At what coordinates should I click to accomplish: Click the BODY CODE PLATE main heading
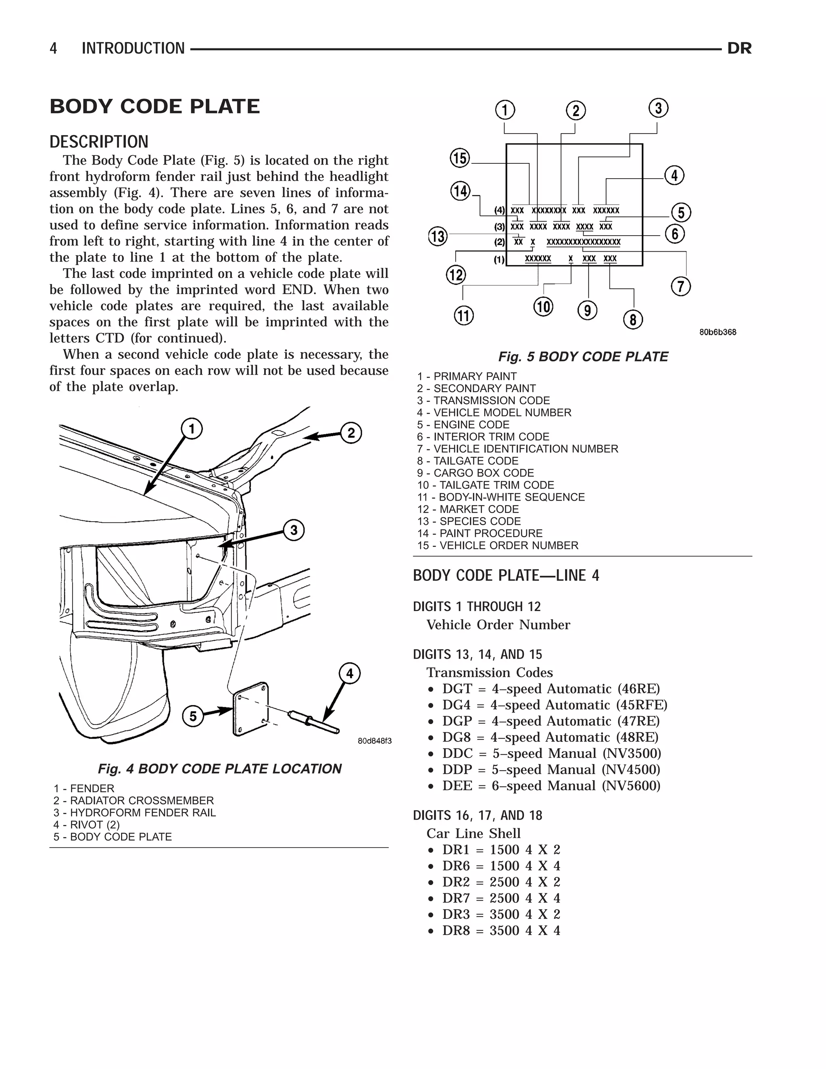pyautogui.click(x=154, y=107)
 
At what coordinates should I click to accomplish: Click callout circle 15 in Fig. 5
pyautogui.click(x=459, y=158)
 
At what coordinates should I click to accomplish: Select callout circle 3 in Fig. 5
pyautogui.click(x=658, y=108)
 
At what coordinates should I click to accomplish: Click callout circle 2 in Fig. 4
pyautogui.click(x=351, y=433)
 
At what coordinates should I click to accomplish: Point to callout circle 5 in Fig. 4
pyautogui.click(x=193, y=716)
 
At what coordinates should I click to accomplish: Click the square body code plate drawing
pyautogui.click(x=251, y=708)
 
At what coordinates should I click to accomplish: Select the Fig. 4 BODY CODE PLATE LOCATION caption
pyautogui.click(x=219, y=768)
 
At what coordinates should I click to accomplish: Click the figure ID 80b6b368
pyautogui.click(x=718, y=332)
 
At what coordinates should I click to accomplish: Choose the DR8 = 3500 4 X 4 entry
pyautogui.click(x=501, y=931)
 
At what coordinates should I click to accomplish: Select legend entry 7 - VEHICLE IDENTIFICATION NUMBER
pyautogui.click(x=517, y=449)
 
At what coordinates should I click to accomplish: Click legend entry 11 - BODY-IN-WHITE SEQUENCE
pyautogui.click(x=501, y=497)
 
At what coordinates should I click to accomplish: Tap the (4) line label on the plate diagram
pyautogui.click(x=499, y=211)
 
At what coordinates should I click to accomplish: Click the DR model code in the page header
pyautogui.click(x=739, y=48)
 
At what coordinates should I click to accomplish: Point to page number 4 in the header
pyautogui.click(x=53, y=48)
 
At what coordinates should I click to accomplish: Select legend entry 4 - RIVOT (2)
pyautogui.click(x=87, y=825)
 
